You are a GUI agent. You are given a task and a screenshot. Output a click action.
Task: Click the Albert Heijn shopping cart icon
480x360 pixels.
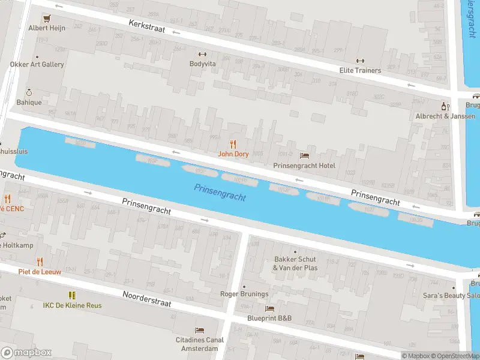(x=47, y=17)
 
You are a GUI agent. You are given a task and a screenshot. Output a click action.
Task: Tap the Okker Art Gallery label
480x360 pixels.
(x=37, y=64)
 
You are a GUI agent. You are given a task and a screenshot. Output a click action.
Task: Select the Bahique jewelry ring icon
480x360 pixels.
(x=28, y=92)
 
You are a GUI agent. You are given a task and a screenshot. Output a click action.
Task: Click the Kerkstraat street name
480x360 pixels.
(x=148, y=28)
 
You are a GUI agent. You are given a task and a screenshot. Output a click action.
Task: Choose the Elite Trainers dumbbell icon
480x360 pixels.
(x=360, y=61)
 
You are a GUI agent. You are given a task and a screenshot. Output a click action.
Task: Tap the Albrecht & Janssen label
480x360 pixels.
(x=445, y=116)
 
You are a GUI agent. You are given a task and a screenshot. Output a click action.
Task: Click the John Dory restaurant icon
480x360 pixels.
(x=233, y=144)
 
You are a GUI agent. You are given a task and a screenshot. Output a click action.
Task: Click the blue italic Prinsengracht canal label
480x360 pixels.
(x=220, y=193)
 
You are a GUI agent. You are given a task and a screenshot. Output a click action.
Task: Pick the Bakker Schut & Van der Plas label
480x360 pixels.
(x=295, y=263)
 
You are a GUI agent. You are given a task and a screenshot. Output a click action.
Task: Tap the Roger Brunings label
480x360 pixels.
(x=244, y=294)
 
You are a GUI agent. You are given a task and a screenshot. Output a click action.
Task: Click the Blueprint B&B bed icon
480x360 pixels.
(x=270, y=308)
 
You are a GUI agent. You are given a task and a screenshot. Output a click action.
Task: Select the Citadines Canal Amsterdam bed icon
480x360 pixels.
(x=200, y=331)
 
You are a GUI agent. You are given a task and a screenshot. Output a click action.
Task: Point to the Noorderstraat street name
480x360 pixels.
(x=147, y=299)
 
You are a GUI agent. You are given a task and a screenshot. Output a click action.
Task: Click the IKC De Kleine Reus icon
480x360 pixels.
(x=72, y=295)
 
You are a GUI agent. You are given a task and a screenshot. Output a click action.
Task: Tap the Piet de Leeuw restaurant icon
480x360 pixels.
(x=40, y=261)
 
